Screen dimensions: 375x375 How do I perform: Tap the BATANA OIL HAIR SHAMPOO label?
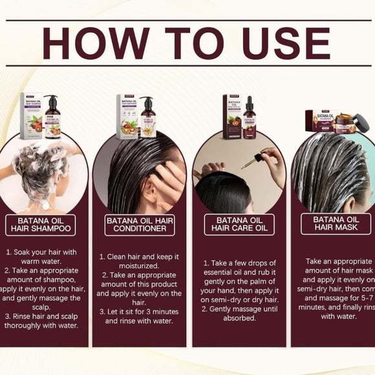[x=40, y=225]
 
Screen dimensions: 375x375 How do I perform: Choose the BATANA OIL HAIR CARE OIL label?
[x=239, y=225]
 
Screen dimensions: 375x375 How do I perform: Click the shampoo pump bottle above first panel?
[x=52, y=118]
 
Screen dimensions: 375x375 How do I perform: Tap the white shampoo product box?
[x=31, y=118]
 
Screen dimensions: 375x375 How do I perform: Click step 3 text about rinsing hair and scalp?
[x=43, y=321]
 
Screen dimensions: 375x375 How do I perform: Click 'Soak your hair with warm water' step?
[x=43, y=257]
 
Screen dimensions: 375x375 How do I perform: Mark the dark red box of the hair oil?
[x=232, y=117]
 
